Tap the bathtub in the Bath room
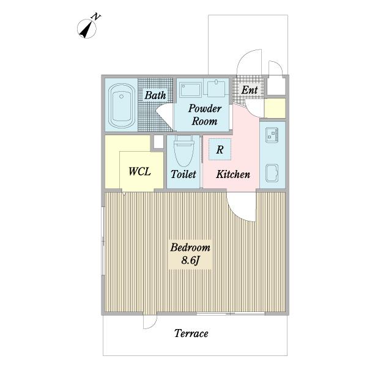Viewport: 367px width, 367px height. coord(121,105)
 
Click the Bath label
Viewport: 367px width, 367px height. coord(155,95)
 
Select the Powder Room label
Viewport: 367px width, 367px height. coord(204,115)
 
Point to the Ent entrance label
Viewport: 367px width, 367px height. coord(250,90)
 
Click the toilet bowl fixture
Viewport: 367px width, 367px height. coord(183,150)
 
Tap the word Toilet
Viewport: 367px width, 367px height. coord(183,174)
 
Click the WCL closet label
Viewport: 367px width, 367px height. coord(139,171)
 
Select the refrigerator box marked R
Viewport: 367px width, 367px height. coord(220,149)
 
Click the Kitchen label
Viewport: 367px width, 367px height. coord(233,174)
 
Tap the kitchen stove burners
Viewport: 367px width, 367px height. coord(272,135)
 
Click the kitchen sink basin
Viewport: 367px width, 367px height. coord(272,173)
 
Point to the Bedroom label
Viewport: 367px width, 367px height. coord(190,247)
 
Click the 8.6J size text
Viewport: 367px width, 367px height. coord(190,260)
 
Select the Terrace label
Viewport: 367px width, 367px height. coord(191,333)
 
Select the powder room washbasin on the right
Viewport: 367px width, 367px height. coord(217,88)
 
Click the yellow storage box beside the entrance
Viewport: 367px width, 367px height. coord(275,108)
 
